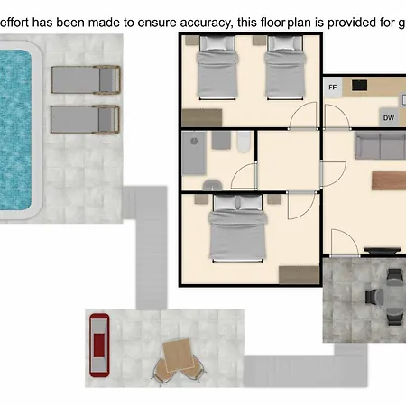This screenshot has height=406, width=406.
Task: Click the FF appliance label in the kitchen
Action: [332, 88]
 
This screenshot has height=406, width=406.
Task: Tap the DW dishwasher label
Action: [389, 118]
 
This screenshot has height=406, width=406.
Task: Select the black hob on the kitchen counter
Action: [359, 86]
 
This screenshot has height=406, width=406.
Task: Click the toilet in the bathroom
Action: [244, 142]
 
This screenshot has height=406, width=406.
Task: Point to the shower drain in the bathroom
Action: [194, 141]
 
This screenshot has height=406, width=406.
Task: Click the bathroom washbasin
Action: [212, 185]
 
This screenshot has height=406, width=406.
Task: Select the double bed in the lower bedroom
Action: [238, 227]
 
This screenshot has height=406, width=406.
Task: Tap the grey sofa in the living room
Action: [381, 145]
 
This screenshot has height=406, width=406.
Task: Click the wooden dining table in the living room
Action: [389, 180]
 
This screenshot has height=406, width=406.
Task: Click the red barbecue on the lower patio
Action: [99, 345]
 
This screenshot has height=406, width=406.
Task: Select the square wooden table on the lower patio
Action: [178, 355]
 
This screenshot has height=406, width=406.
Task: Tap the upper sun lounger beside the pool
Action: [86, 79]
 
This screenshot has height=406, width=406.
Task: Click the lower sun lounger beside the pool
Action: [85, 119]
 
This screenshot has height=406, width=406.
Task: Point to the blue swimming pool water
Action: [15, 130]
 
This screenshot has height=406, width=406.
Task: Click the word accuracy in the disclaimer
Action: [205, 23]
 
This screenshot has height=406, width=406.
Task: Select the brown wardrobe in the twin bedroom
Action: [202, 117]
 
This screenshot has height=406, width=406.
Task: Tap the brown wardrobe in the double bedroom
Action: [299, 274]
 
